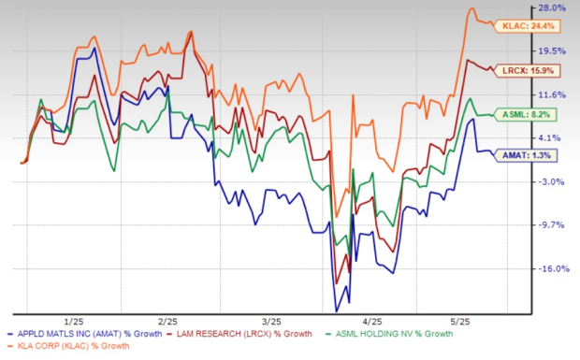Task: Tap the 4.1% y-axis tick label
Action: tap(556, 137)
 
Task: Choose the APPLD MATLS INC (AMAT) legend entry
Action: tap(85, 334)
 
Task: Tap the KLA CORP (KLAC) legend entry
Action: tap(70, 348)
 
